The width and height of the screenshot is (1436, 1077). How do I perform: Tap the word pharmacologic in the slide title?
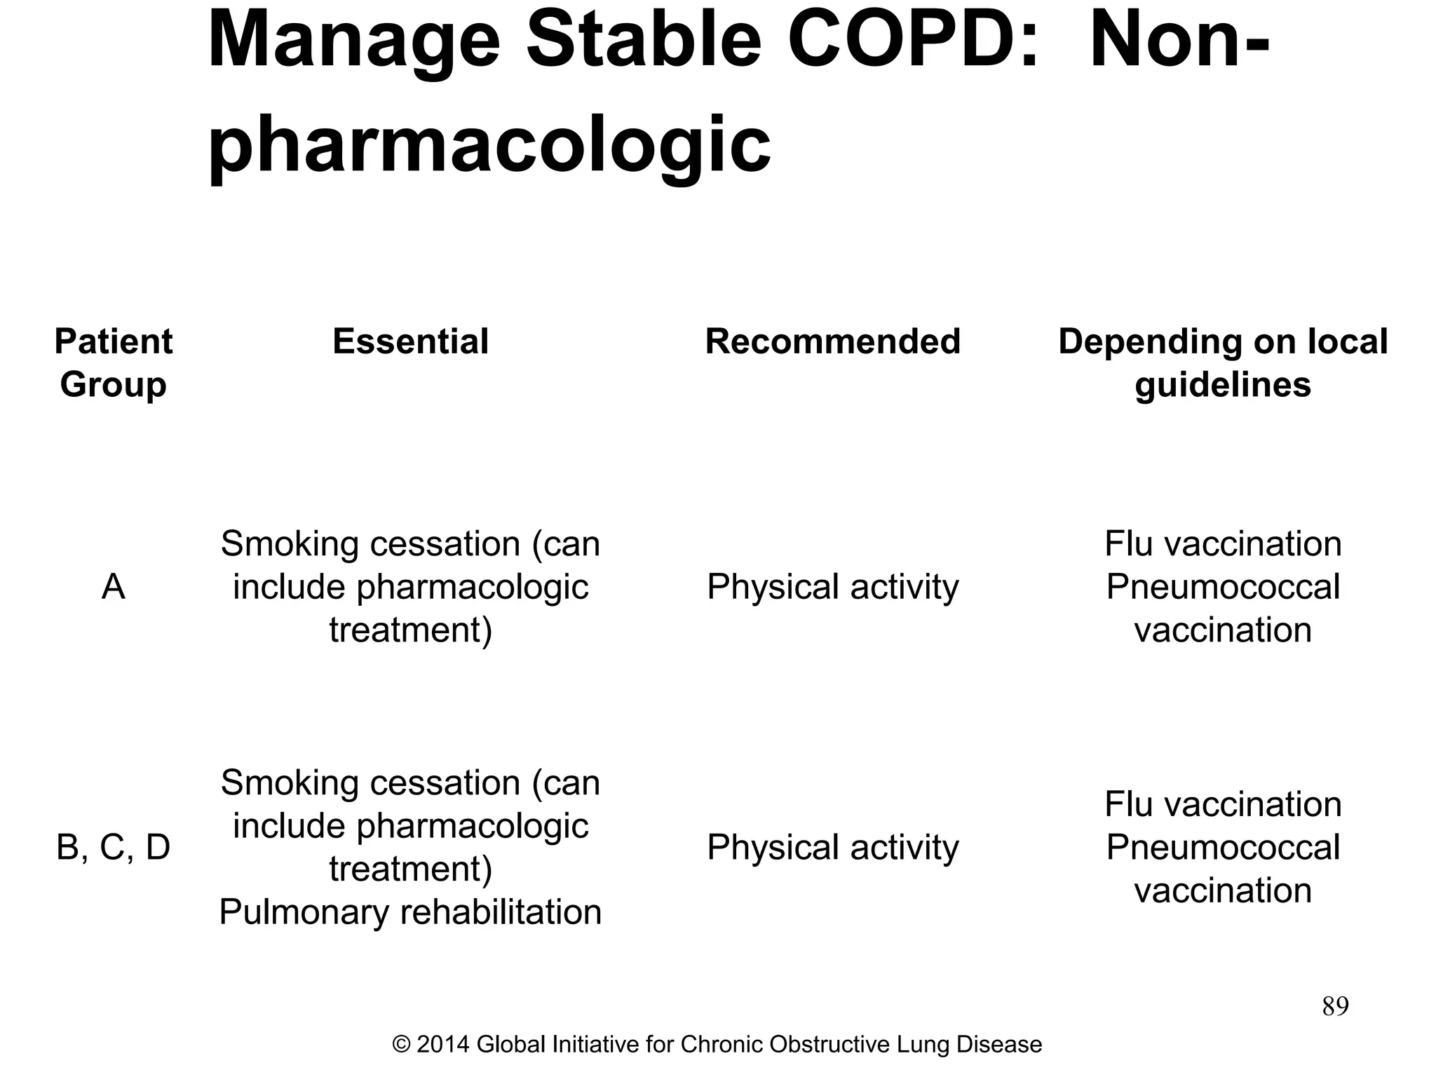tap(489, 144)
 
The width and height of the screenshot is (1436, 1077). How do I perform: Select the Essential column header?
tap(410, 342)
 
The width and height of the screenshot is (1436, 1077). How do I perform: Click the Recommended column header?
tap(832, 342)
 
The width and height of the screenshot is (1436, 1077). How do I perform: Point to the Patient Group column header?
tap(113, 363)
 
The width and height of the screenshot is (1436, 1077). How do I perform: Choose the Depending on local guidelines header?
tap(1223, 363)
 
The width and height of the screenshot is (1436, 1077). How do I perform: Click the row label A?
tap(113, 587)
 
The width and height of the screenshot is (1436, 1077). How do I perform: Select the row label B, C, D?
tap(113, 847)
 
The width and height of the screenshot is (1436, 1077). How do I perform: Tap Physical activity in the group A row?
tap(832, 587)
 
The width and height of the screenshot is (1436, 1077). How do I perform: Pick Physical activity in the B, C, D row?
tap(832, 847)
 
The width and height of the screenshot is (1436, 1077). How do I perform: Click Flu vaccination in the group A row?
tap(1223, 544)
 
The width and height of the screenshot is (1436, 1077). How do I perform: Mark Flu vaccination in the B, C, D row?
tap(1223, 804)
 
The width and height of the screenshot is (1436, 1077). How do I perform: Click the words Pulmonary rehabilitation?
tap(410, 912)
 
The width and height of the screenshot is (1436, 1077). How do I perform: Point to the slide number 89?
tap(1335, 1006)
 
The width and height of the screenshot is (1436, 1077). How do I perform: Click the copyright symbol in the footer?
tap(401, 1045)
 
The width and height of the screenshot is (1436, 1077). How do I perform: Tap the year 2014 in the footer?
tap(442, 1045)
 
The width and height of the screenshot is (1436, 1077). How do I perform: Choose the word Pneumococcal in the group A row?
tap(1223, 587)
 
